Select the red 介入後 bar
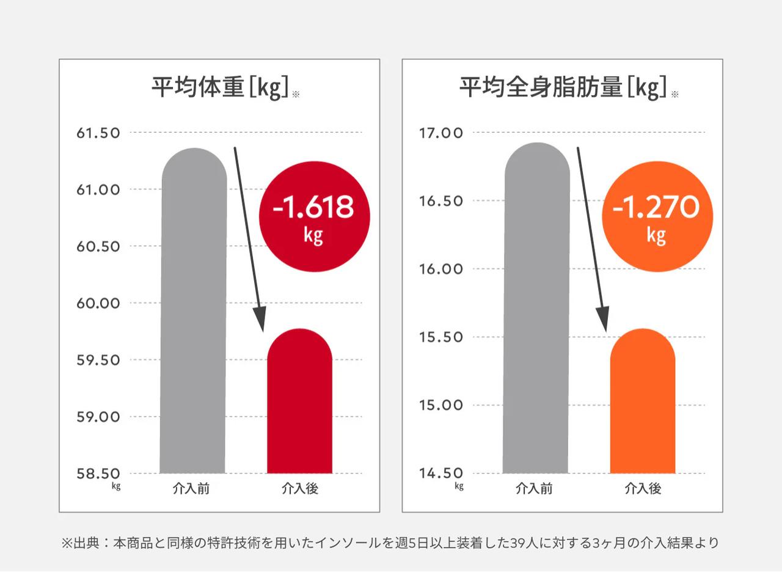point(299,403)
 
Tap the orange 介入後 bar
point(642,403)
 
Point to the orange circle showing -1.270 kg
point(656,216)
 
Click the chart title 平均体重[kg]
point(220,88)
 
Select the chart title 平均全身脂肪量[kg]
point(563,88)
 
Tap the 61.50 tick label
point(98,133)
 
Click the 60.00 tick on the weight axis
point(98,303)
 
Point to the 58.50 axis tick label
point(98,474)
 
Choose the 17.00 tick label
point(441,133)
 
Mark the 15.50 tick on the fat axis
point(441,337)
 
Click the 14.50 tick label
point(441,474)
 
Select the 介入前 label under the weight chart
point(192,489)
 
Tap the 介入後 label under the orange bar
point(643,489)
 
